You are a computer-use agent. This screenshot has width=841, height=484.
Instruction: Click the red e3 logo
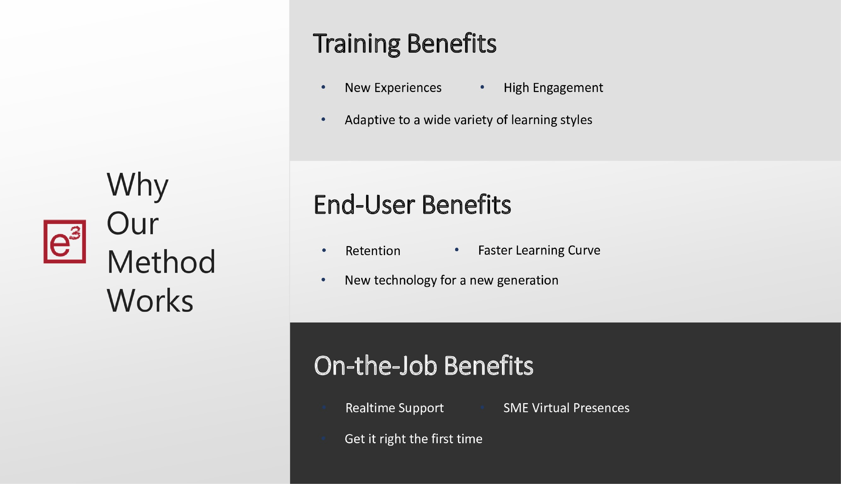click(65, 241)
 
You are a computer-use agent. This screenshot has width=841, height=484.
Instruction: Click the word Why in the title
click(137, 185)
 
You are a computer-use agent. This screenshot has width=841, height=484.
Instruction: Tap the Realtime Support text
click(394, 408)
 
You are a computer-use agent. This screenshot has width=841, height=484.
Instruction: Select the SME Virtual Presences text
click(566, 408)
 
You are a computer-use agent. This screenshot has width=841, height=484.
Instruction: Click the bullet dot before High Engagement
click(482, 87)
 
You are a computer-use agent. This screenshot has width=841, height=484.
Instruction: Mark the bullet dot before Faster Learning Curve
click(457, 250)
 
